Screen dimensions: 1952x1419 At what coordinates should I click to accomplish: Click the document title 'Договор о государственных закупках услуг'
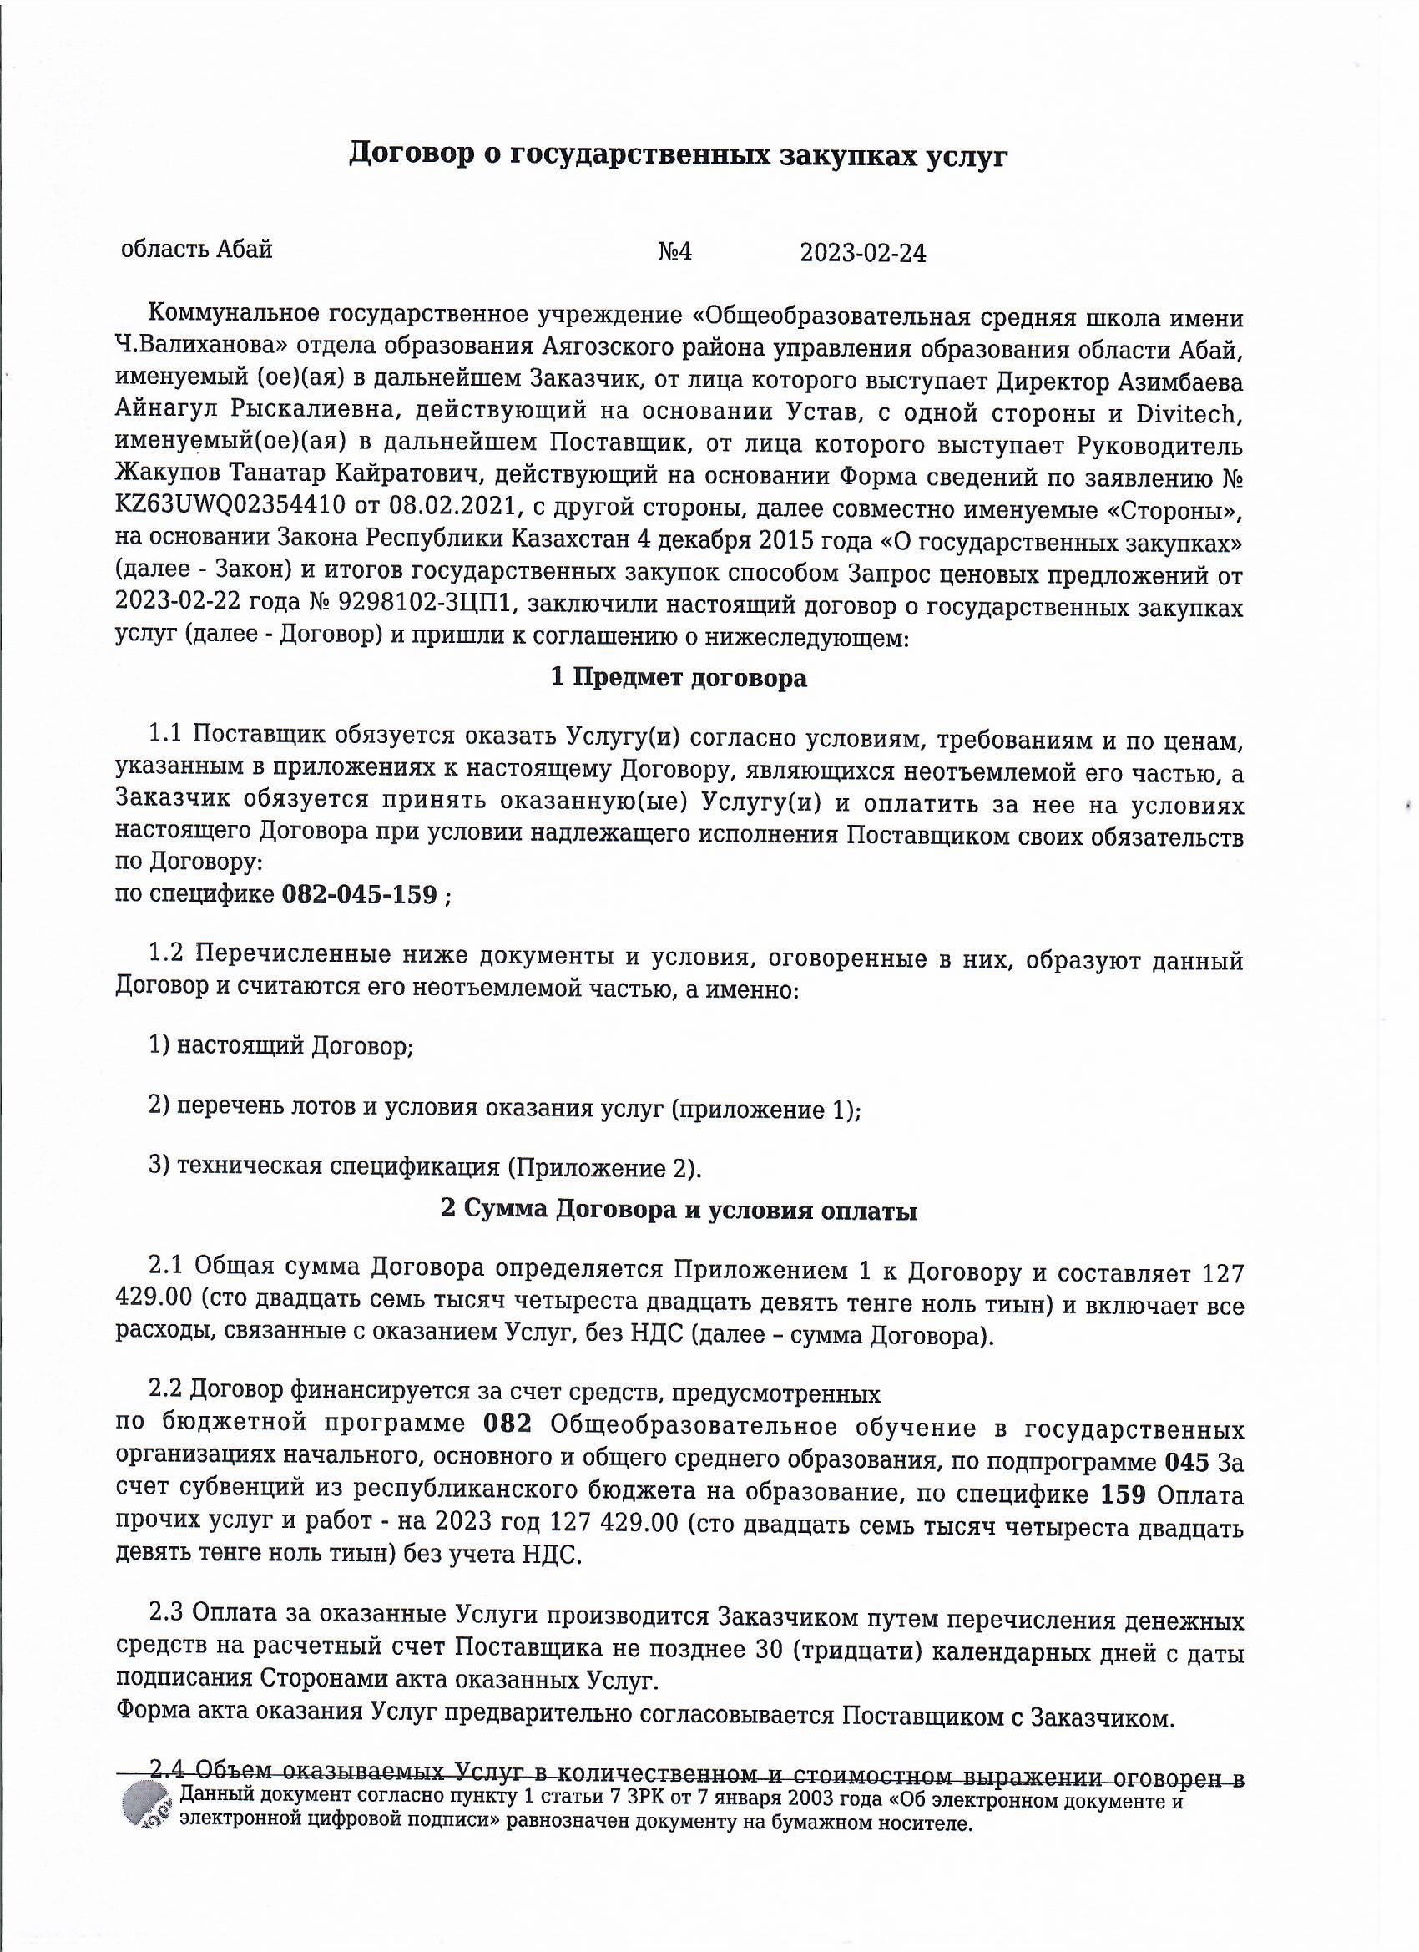[677, 156]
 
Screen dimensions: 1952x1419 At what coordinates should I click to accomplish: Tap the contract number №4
[674, 252]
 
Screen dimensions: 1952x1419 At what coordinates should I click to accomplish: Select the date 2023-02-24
[862, 253]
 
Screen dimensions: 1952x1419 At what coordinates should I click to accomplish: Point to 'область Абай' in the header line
[197, 250]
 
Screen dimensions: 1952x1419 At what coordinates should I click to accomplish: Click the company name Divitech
[1189, 413]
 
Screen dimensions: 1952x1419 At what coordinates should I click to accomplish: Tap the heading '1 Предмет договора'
[678, 678]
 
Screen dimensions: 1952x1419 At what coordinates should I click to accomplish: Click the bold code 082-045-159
[360, 894]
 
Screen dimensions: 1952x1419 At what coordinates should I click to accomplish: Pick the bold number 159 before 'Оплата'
[1123, 1494]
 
